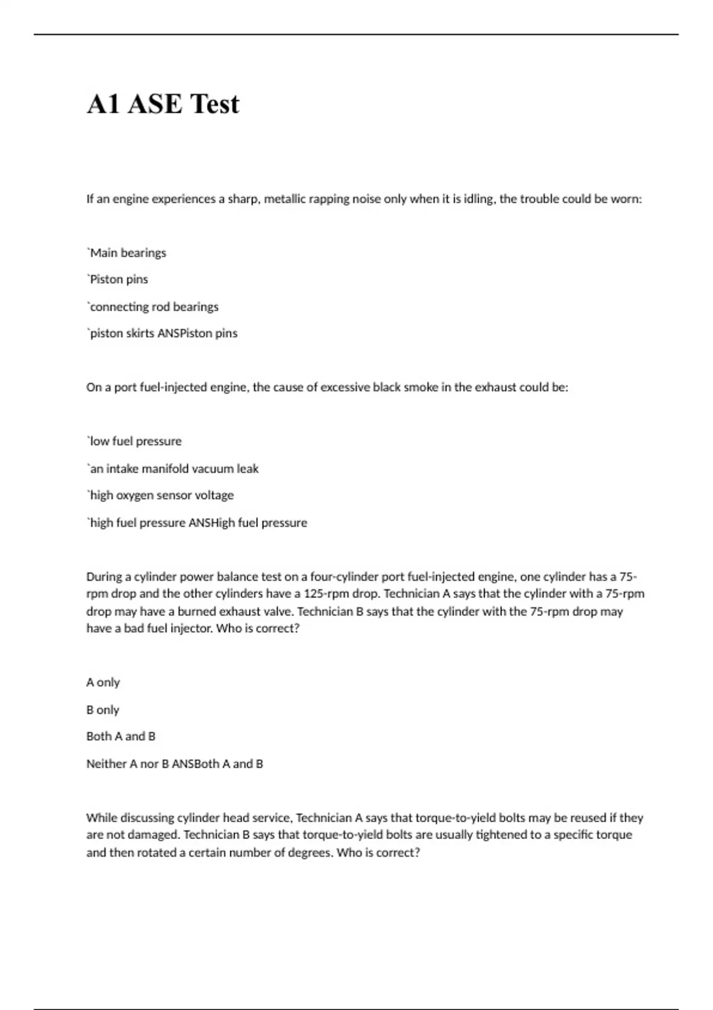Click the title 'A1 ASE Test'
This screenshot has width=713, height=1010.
163,104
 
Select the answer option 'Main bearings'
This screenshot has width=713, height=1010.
127,253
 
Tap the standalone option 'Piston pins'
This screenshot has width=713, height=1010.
118,279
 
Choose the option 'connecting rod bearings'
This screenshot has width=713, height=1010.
153,307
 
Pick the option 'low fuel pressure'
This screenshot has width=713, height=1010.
135,441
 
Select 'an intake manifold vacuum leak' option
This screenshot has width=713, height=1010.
173,469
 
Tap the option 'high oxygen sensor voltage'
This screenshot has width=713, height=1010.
161,495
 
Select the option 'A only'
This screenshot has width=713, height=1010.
103,683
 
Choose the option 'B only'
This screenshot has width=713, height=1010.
103,710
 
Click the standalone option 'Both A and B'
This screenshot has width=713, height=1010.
121,737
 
